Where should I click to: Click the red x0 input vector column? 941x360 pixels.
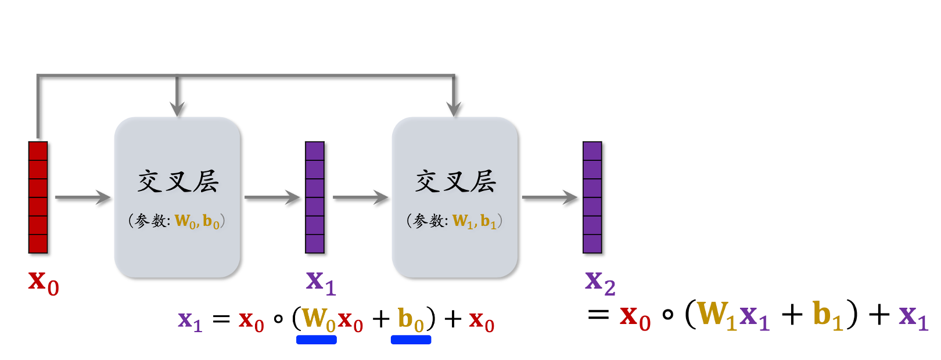pyautogui.click(x=38, y=197)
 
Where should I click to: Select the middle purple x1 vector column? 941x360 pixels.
pyautogui.click(x=315, y=197)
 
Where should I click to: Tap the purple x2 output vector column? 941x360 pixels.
pyautogui.click(x=592, y=197)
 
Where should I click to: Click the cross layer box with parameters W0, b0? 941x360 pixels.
pyautogui.click(x=177, y=197)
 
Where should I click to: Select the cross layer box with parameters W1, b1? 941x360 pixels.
pyautogui.click(x=455, y=197)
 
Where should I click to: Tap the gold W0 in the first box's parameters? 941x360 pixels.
pyautogui.click(x=185, y=221)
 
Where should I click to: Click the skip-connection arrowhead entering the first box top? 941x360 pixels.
pyautogui.click(x=177, y=109)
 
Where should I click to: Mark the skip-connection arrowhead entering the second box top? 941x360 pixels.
pyautogui.click(x=454, y=109)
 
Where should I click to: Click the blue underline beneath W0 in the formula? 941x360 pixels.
pyautogui.click(x=317, y=340)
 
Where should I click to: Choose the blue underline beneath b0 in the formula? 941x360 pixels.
pyautogui.click(x=411, y=340)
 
